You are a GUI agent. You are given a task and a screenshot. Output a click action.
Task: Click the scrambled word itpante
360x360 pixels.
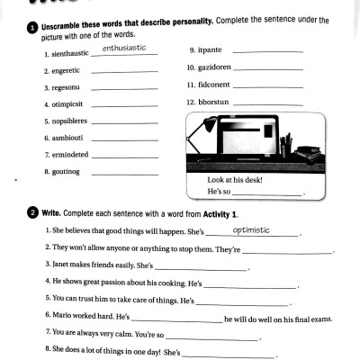(x=213, y=51)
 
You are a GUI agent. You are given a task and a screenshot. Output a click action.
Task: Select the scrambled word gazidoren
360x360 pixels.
(x=217, y=68)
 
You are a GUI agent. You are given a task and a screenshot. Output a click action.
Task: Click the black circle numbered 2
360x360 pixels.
(x=32, y=212)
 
